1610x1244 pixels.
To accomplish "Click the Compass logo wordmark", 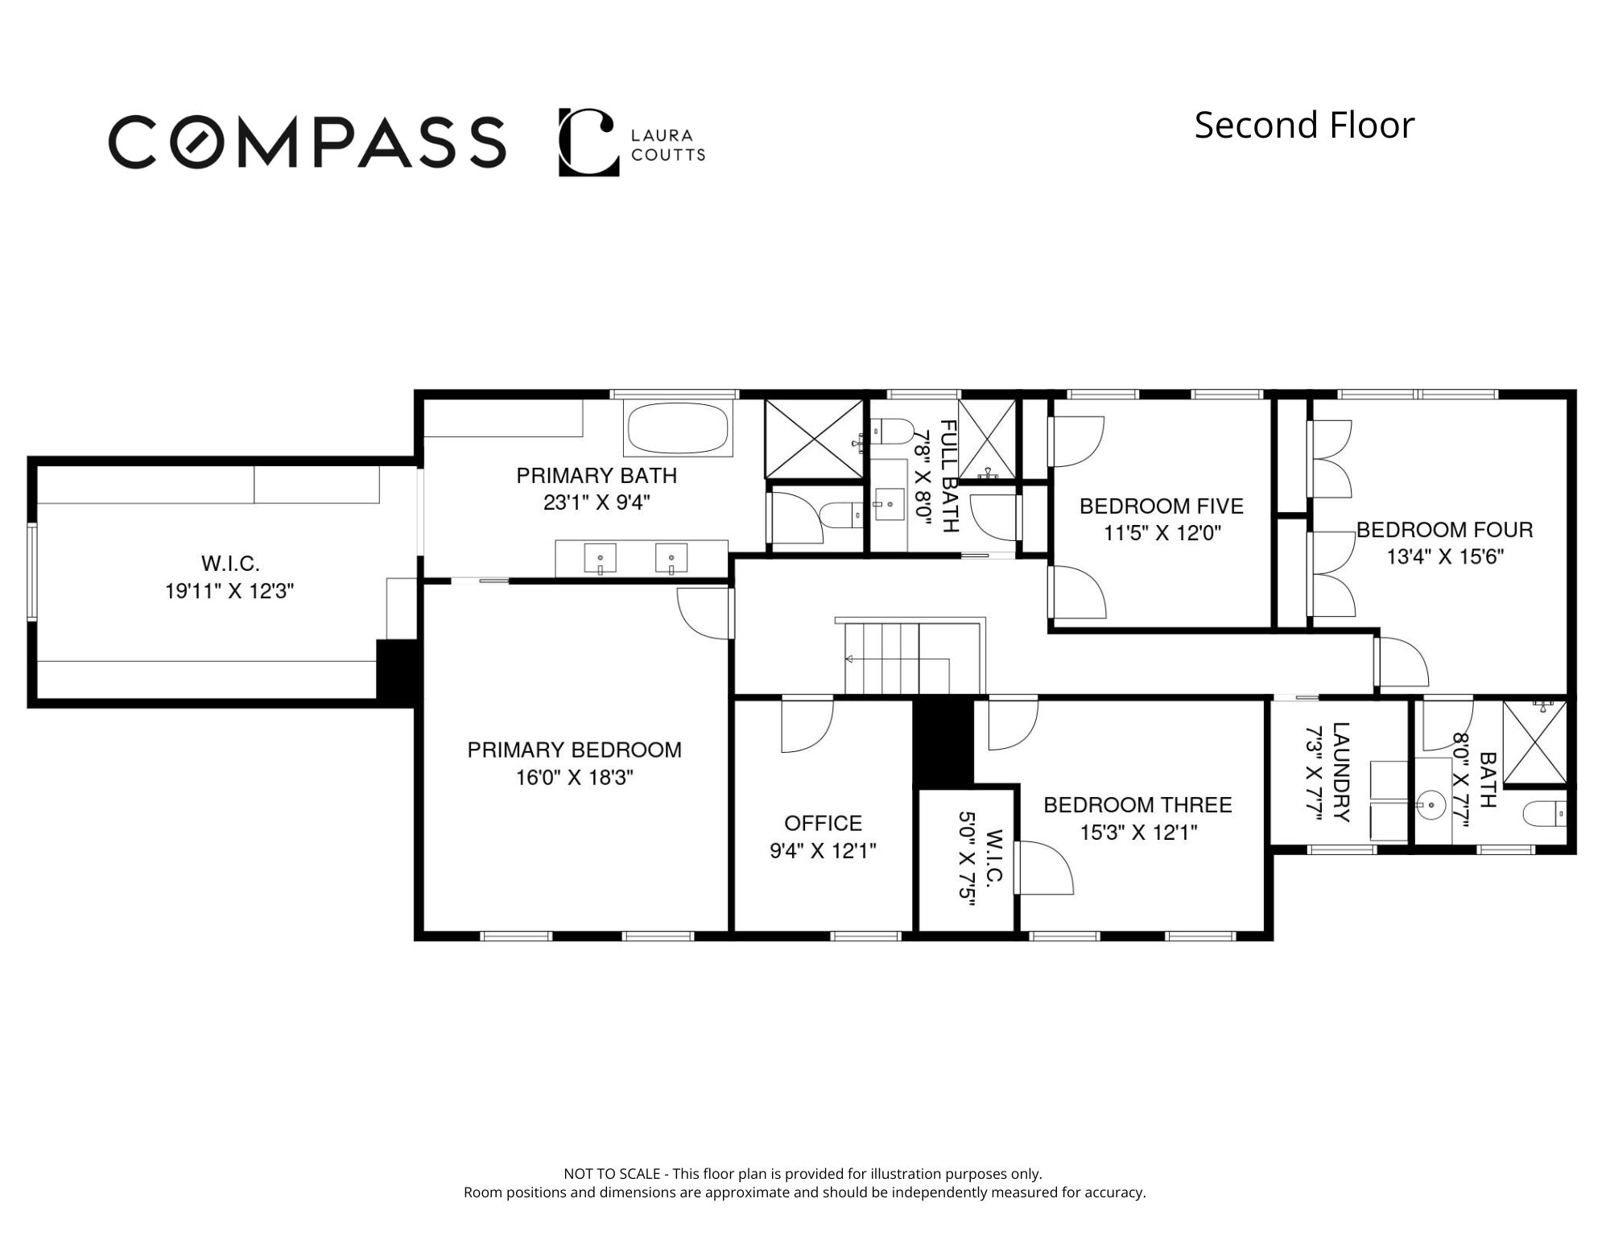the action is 307,142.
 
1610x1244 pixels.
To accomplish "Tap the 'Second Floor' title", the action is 1304,126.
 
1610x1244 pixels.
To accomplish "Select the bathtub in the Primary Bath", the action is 679,428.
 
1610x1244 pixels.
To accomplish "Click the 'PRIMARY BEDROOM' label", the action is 575,750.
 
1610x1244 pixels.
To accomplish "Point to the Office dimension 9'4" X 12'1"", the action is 823,851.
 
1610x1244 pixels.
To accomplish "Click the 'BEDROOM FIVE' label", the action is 1162,506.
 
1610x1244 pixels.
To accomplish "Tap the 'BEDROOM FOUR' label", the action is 1445,530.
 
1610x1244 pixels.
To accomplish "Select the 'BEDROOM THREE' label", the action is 1137,805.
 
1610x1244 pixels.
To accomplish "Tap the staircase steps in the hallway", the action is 895,656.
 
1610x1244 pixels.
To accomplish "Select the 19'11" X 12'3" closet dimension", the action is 229,592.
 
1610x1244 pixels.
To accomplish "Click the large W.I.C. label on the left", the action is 230,564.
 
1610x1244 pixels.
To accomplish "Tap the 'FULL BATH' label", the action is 950,476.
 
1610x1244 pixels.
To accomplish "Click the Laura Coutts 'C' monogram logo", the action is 588,142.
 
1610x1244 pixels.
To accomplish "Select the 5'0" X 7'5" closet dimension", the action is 967,859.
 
